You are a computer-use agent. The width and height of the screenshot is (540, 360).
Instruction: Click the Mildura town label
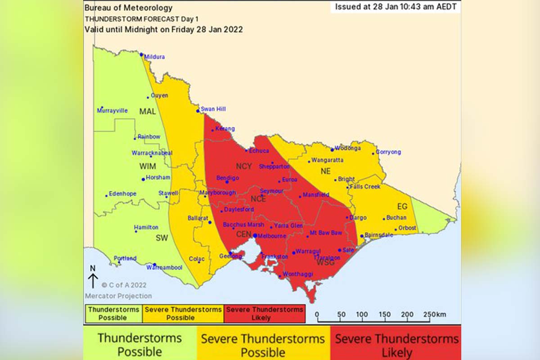tap(154, 57)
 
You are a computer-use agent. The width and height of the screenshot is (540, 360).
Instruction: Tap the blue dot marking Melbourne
tap(255, 235)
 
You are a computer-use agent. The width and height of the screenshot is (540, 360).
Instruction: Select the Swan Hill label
tap(213, 109)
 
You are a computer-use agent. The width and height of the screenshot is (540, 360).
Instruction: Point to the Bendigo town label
tap(227, 178)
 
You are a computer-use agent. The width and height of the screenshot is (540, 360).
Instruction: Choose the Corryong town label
tap(388, 152)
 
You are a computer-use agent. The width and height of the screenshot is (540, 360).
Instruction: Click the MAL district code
tap(148, 112)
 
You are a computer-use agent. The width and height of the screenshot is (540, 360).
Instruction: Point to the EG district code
tap(402, 207)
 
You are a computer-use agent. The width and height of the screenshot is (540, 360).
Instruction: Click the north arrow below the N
tap(93, 281)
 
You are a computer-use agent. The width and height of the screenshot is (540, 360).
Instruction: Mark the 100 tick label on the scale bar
tap(362, 315)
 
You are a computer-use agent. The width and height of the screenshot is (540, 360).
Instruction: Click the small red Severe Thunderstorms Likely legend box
tap(265, 314)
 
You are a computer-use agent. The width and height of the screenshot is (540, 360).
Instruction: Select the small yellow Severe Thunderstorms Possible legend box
tap(183, 314)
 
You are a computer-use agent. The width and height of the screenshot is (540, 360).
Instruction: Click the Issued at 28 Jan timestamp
tap(396, 7)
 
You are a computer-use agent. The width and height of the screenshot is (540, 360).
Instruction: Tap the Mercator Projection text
tap(118, 296)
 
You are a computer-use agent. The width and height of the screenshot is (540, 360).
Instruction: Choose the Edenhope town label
tap(122, 194)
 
